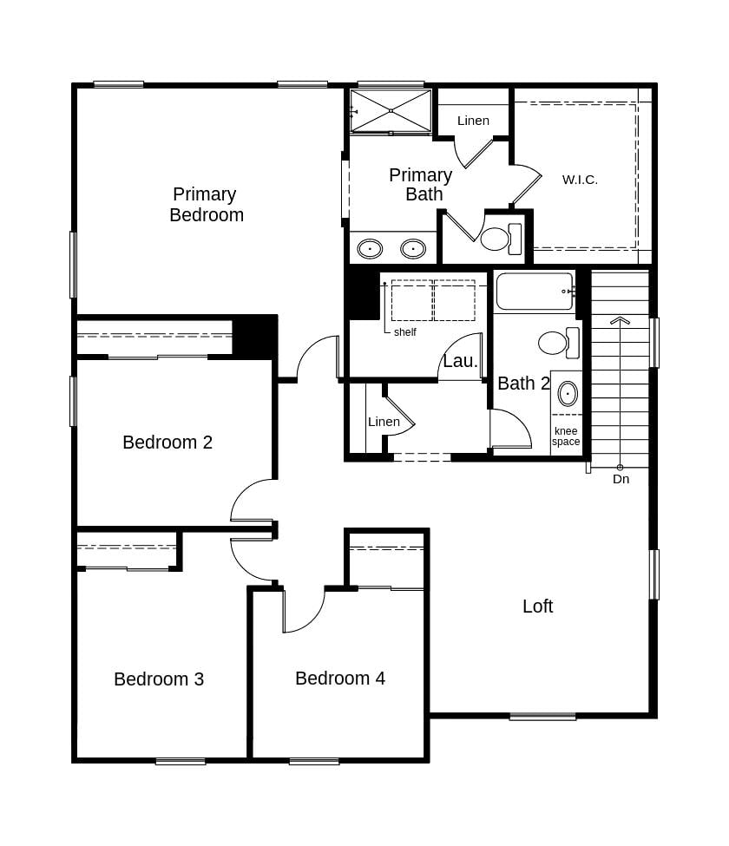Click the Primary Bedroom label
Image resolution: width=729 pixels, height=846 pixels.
(x=206, y=205)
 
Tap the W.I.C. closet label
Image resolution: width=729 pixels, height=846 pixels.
(x=580, y=180)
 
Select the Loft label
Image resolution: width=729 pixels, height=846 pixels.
(x=537, y=607)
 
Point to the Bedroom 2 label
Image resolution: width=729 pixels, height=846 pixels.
(x=167, y=443)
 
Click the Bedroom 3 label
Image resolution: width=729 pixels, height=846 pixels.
(x=159, y=679)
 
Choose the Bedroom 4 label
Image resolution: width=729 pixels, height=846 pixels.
(x=340, y=679)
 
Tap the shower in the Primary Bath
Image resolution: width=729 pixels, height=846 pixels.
(x=391, y=110)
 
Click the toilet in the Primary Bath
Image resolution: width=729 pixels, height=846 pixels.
(x=500, y=239)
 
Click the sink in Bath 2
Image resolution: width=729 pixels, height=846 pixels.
(x=568, y=393)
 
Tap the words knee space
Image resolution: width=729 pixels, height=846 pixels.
(x=566, y=436)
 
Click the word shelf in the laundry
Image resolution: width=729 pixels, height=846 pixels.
(x=405, y=332)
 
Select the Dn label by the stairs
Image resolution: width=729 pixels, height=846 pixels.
(x=621, y=479)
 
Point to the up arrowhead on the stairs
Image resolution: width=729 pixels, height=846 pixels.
(x=620, y=320)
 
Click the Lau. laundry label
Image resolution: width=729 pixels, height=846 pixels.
(x=460, y=362)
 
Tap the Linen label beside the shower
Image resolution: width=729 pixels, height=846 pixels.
(x=473, y=121)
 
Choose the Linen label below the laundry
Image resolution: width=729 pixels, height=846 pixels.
(x=384, y=422)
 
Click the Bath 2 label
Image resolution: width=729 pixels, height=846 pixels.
(x=523, y=384)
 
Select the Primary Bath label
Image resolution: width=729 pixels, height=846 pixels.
(x=421, y=185)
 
